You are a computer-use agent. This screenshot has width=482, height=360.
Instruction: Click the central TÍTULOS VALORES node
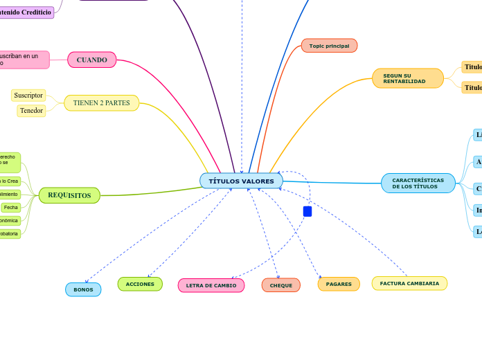pos(241,181)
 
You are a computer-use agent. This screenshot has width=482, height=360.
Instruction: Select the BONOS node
pos(83,289)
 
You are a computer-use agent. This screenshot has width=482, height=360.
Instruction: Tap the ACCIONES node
pos(140,284)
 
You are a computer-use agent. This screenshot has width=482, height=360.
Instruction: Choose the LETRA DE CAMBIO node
pos(211,285)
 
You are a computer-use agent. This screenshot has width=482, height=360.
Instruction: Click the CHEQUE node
pos(280,285)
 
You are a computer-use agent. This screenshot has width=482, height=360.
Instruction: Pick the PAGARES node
pos(339,284)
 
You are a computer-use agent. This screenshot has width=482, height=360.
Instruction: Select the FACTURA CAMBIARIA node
pos(409,283)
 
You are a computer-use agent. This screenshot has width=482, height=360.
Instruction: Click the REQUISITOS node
pos(69,195)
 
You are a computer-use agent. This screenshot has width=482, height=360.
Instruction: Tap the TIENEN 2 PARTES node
pos(101,103)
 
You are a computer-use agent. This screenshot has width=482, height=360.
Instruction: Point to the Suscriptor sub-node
pos(28,95)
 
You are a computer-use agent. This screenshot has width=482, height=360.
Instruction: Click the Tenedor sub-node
pos(31,110)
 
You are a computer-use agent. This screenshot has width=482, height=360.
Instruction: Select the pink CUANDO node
pos(91,60)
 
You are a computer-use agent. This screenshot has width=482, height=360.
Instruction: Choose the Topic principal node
pos(329,46)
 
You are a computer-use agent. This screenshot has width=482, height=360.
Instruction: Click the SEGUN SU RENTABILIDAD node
pos(407,78)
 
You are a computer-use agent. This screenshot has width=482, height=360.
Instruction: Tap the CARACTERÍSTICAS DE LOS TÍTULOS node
pos(418,183)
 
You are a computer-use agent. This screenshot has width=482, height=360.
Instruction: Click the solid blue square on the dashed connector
pos(307,211)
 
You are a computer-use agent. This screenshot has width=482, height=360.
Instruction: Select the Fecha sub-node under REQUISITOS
pos(10,207)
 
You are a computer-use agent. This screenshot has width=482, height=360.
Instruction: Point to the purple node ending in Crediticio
pos(26,12)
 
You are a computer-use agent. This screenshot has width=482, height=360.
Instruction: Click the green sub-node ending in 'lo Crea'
pos(10,181)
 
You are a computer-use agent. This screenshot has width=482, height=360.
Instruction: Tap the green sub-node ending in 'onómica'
pos(10,220)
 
